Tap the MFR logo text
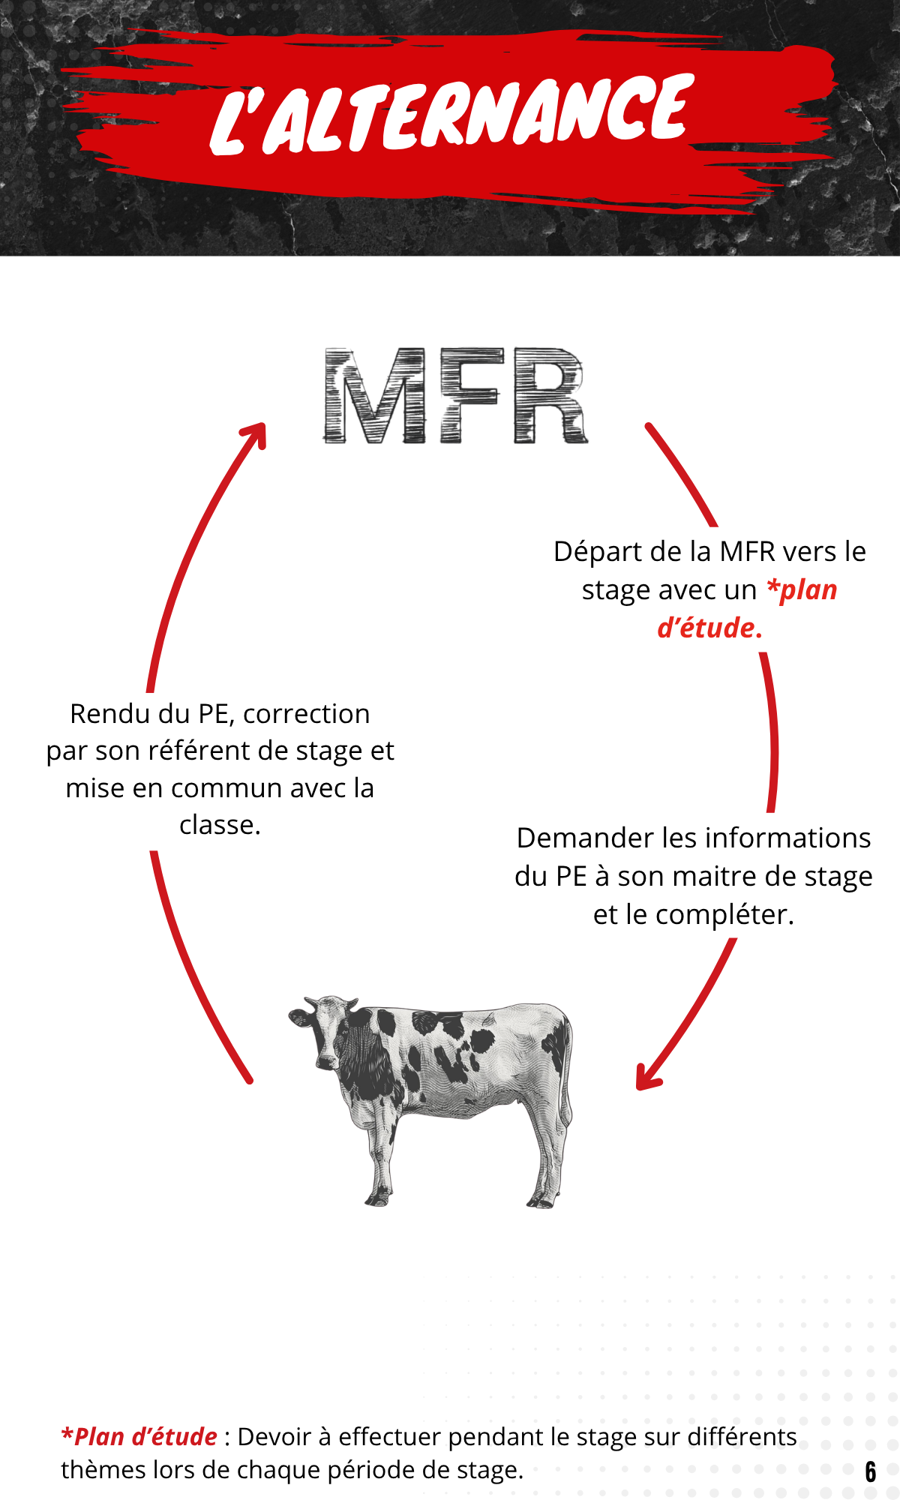coord(455,396)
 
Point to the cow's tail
coord(567,1080)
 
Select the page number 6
coord(870,1471)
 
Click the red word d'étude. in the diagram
coord(709,628)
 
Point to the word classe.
coord(220,825)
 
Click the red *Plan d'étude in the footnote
coord(139,1437)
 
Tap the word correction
coord(306,714)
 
